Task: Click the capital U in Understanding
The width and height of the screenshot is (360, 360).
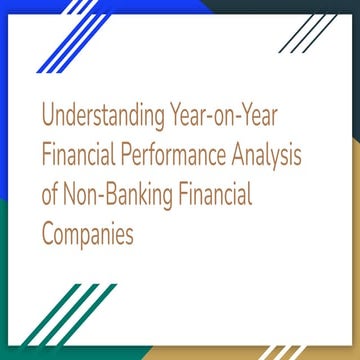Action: click(48, 118)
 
